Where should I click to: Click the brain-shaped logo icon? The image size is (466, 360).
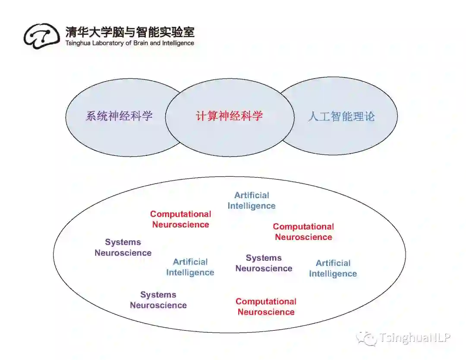41,35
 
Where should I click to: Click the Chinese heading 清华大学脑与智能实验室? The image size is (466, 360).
130,32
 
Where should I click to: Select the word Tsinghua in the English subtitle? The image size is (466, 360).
77,43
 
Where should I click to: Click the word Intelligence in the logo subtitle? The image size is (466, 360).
178,43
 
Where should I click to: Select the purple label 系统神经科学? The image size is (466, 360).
119,116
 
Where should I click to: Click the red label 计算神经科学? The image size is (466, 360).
229,116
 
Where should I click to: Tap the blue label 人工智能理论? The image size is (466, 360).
341,116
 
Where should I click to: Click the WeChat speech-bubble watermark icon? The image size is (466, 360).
366,338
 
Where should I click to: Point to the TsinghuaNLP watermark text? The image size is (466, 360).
415,338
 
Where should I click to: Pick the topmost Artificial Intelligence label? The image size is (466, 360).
252,201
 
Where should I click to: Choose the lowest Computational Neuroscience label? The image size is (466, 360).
266,307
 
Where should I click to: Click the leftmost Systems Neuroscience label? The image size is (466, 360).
123,248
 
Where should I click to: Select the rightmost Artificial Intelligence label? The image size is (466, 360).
333,268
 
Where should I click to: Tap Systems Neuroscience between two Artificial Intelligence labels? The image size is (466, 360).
264,263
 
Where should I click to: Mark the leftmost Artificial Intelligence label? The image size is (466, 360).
190,267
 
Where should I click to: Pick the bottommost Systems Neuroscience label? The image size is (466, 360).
158,300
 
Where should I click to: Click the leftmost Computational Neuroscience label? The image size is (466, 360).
181,219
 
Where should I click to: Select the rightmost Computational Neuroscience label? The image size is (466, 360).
303,232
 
